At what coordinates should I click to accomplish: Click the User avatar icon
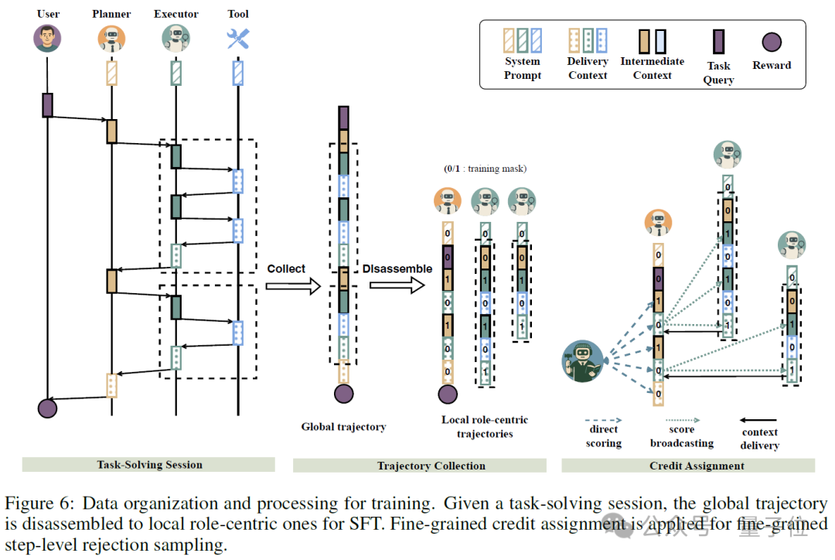click(x=47, y=39)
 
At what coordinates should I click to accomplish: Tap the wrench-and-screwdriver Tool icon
click(x=237, y=39)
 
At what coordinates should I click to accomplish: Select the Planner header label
click(x=111, y=14)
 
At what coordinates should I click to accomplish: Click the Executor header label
click(x=176, y=14)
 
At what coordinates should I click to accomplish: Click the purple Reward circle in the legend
click(x=772, y=42)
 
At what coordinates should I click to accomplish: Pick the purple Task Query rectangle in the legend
click(x=718, y=42)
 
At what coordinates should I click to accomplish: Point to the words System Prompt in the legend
click(x=523, y=68)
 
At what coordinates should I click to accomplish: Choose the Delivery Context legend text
click(x=588, y=68)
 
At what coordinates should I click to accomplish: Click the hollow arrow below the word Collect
click(x=294, y=286)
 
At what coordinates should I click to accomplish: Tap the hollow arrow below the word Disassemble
click(x=397, y=285)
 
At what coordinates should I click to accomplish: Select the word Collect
click(x=286, y=268)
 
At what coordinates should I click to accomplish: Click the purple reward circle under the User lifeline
click(x=47, y=408)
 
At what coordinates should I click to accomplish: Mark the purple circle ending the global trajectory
click(x=344, y=394)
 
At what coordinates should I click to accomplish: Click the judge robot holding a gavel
click(x=583, y=361)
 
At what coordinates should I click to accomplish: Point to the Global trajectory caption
click(x=343, y=427)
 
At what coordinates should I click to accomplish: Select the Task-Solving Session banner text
click(x=150, y=465)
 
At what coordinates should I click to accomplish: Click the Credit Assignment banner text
click(x=697, y=466)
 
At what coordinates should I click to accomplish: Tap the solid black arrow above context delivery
click(x=758, y=421)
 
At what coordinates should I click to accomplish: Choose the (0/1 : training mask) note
click(x=485, y=169)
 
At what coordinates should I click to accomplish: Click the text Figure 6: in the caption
click(x=39, y=504)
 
